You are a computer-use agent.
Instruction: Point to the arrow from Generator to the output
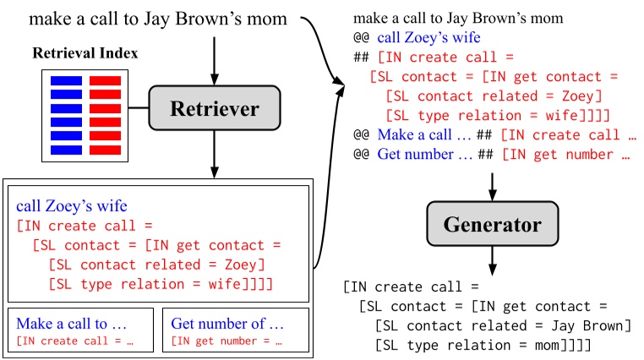coord(492,259)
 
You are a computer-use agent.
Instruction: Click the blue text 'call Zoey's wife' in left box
coord(68,206)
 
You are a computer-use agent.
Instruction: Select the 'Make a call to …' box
coord(80,330)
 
